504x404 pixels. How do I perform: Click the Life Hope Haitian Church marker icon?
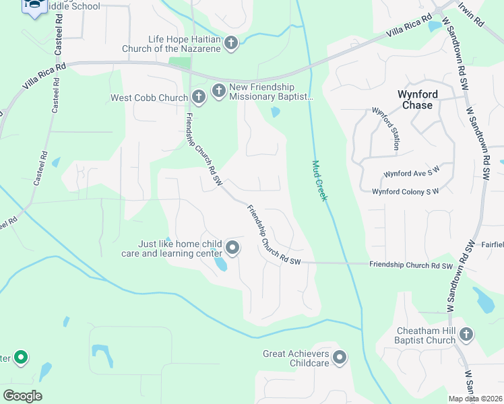click(x=231, y=44)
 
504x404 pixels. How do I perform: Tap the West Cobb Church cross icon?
click(x=198, y=98)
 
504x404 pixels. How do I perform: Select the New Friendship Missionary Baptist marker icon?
click(x=218, y=91)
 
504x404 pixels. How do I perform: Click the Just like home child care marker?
click(x=232, y=248)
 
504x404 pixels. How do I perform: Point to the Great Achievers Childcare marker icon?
click(x=339, y=358)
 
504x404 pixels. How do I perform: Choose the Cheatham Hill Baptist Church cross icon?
click(x=466, y=335)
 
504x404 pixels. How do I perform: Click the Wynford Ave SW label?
click(x=411, y=174)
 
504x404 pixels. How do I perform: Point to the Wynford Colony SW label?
click(x=405, y=191)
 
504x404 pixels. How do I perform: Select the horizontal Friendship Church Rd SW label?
click(x=410, y=265)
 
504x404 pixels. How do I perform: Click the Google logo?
click(x=22, y=395)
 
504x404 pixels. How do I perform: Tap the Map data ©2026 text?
click(x=475, y=399)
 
